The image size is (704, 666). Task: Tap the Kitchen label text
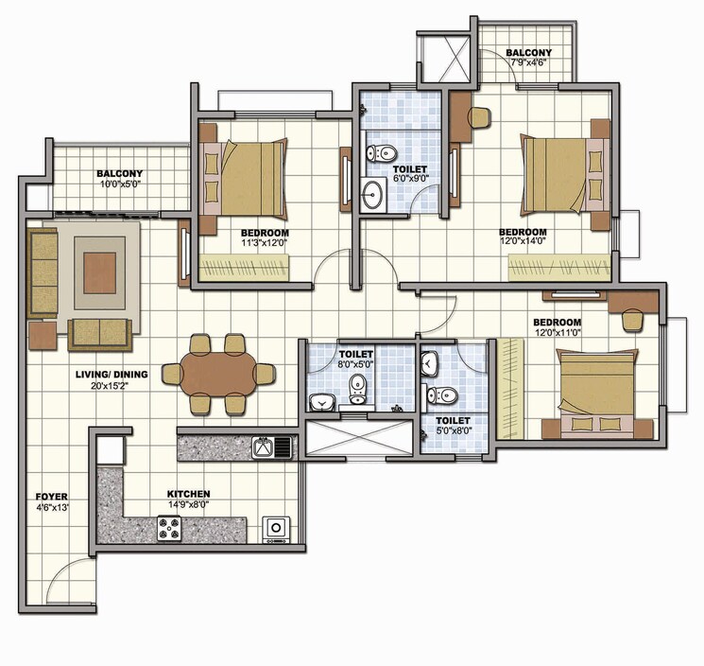pos(188,494)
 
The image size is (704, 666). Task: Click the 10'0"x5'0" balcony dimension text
pos(119,185)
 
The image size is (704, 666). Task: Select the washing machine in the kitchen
pos(277,528)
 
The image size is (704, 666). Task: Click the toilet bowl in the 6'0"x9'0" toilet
pos(382,152)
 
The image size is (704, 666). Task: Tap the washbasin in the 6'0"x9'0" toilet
pos(375,197)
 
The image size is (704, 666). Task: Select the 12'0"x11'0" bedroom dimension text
pos(557,333)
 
